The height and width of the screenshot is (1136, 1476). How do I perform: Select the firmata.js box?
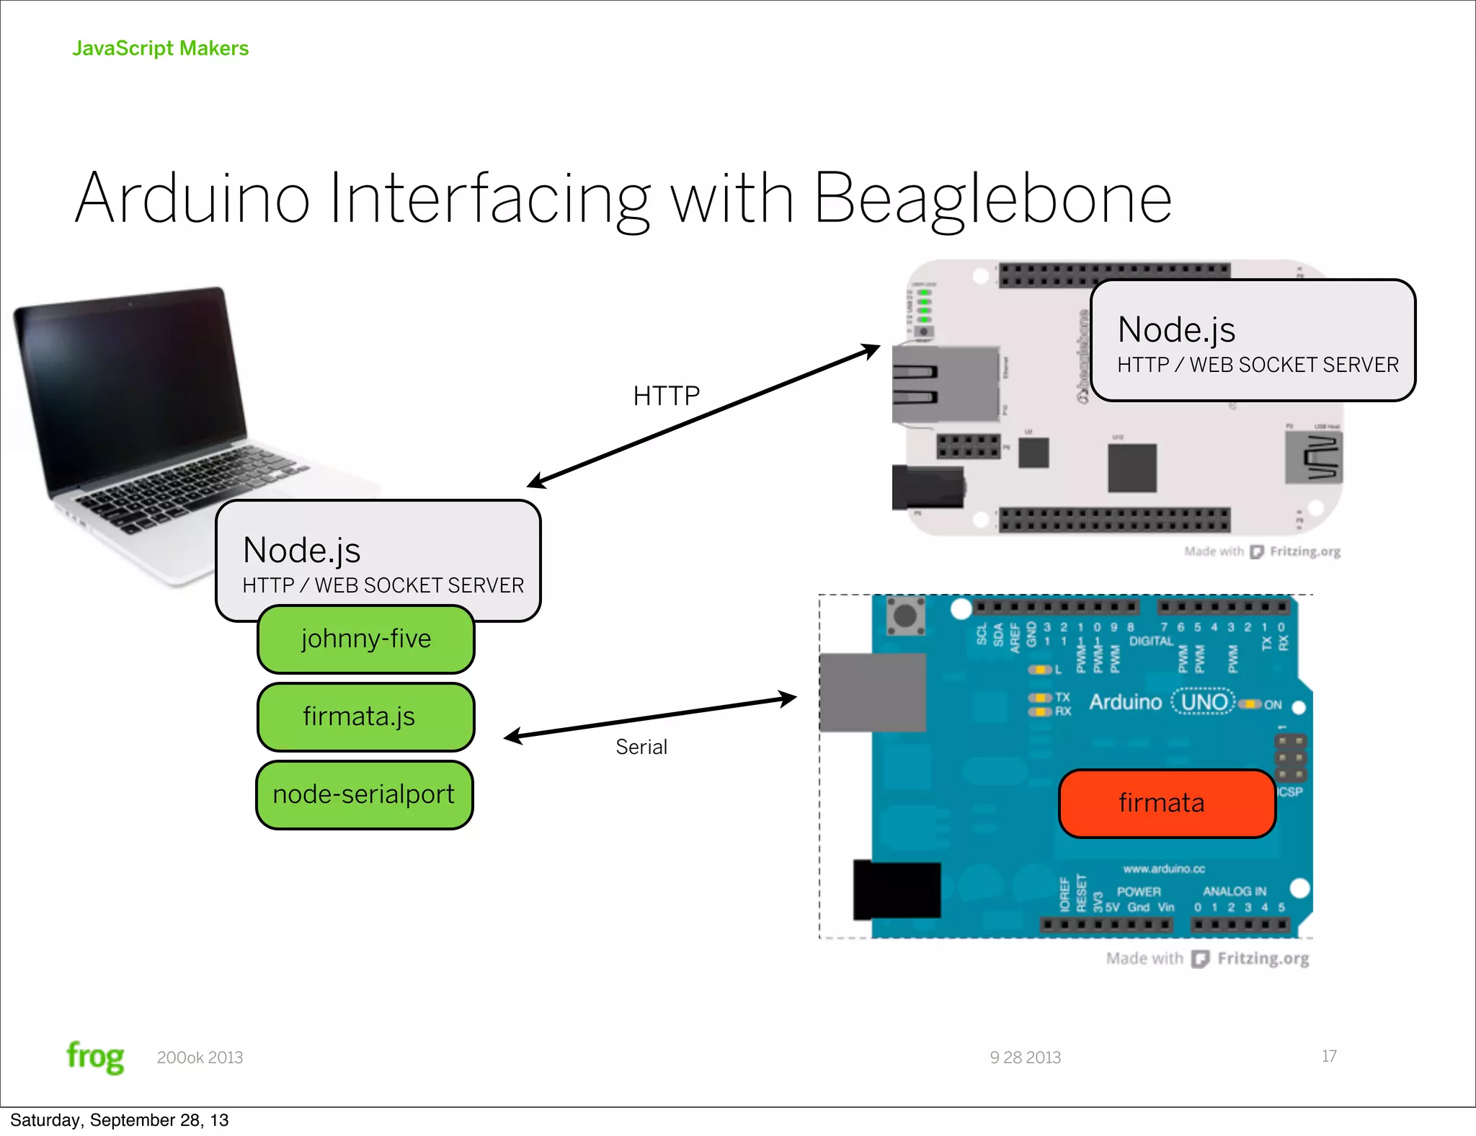(365, 717)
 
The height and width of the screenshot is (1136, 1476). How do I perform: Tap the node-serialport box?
(364, 794)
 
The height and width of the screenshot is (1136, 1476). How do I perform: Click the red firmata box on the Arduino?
(1167, 803)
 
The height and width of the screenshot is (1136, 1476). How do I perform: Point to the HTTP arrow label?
(666, 396)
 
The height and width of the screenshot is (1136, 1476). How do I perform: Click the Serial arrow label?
(641, 747)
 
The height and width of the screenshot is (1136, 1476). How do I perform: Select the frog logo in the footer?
(95, 1057)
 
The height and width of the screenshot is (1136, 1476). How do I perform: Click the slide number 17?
(1329, 1056)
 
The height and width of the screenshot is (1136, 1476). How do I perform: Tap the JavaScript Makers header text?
(160, 48)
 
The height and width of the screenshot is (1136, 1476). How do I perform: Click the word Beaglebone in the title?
(992, 200)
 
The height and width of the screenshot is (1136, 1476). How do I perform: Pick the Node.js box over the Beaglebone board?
(1253, 340)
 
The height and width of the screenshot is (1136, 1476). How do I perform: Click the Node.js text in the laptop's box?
(302, 551)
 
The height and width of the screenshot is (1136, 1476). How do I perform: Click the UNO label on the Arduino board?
(1204, 702)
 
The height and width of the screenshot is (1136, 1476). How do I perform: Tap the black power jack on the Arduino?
(897, 889)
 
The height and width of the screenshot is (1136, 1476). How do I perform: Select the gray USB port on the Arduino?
(872, 692)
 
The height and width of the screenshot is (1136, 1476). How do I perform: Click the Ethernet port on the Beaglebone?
(944, 383)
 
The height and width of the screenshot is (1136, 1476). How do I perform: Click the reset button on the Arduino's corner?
(905, 616)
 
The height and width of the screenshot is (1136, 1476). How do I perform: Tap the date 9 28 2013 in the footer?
(1025, 1057)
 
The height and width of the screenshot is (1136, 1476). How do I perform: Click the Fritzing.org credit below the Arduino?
(1263, 959)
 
